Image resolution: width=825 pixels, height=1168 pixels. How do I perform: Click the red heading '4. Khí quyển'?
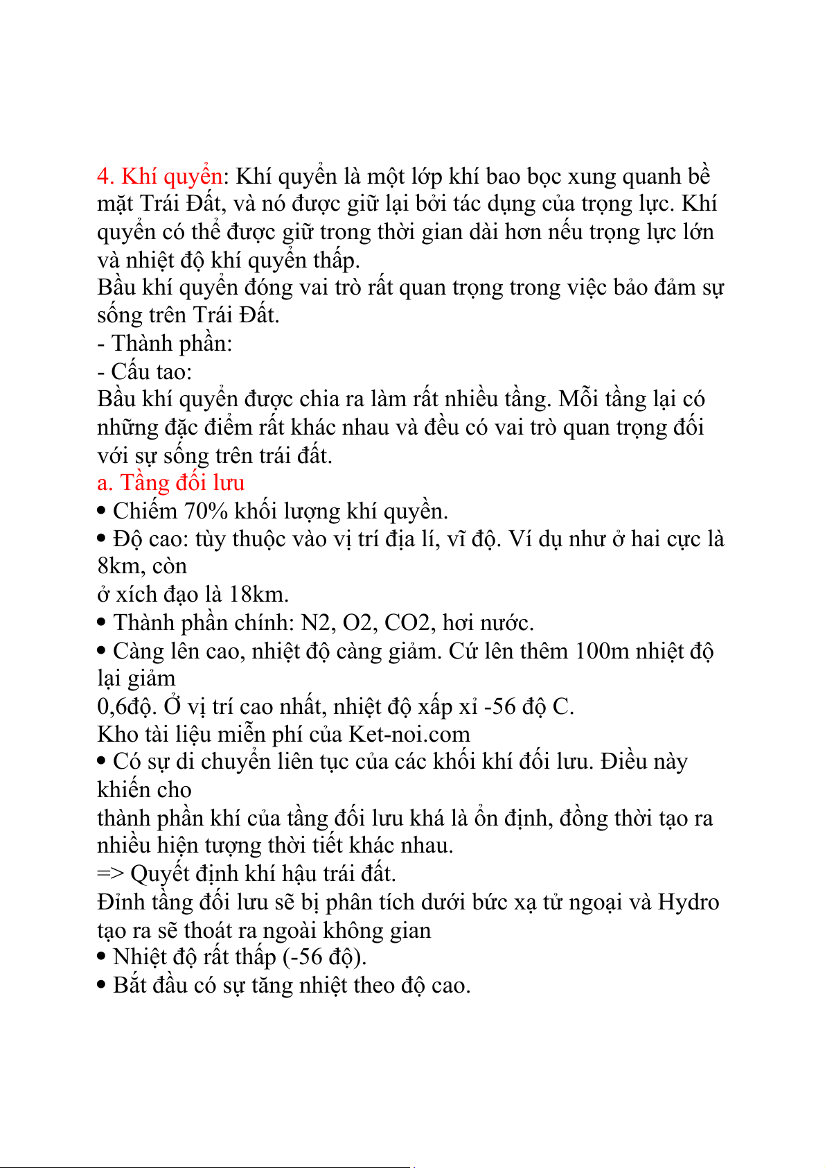(159, 177)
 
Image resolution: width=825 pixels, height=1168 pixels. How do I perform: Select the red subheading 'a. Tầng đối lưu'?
(170, 482)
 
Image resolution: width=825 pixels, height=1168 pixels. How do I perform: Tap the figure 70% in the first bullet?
(206, 511)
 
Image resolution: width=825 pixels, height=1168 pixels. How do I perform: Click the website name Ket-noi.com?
(409, 734)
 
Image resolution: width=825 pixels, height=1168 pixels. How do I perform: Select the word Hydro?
(688, 902)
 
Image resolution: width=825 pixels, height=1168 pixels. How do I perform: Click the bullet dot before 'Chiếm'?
(102, 512)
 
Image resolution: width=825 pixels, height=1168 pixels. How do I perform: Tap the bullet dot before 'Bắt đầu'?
(102, 986)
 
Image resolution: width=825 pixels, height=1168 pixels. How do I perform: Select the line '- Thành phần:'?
(165, 343)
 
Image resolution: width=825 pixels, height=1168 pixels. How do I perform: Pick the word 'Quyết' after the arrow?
(160, 874)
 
